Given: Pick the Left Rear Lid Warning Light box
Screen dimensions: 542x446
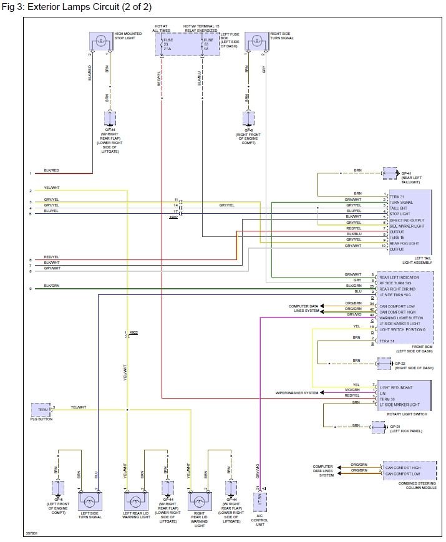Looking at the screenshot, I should pos(135,501).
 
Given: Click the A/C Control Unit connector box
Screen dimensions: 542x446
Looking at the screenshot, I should pos(261,501).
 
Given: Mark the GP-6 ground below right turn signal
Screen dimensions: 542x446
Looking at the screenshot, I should pos(248,119).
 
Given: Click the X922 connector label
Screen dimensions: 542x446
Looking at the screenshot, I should pos(133,332).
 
